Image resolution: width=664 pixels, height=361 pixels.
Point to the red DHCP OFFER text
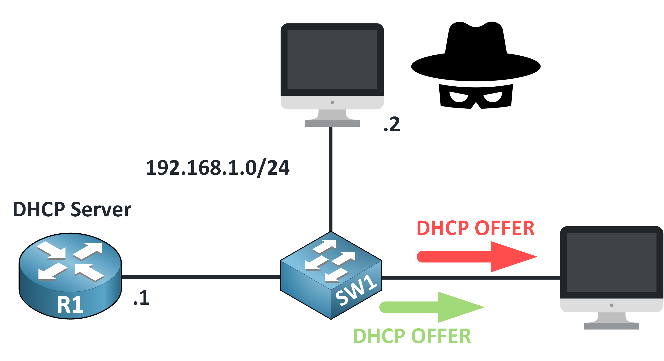pos(476,228)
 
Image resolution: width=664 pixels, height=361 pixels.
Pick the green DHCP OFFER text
pos(412,336)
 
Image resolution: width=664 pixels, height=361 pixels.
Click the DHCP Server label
pos(72,209)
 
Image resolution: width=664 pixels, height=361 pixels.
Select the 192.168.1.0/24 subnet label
pos(218,168)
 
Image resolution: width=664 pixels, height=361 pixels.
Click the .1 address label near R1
pos(141,298)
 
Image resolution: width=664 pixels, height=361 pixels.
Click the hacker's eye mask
pos(476,97)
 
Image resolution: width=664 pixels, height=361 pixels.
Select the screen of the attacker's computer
pos(332,59)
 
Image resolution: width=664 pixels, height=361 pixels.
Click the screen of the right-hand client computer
pos(612,262)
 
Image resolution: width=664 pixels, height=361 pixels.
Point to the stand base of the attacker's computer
pos(332,123)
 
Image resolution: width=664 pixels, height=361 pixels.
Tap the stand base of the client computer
pos(612,326)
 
